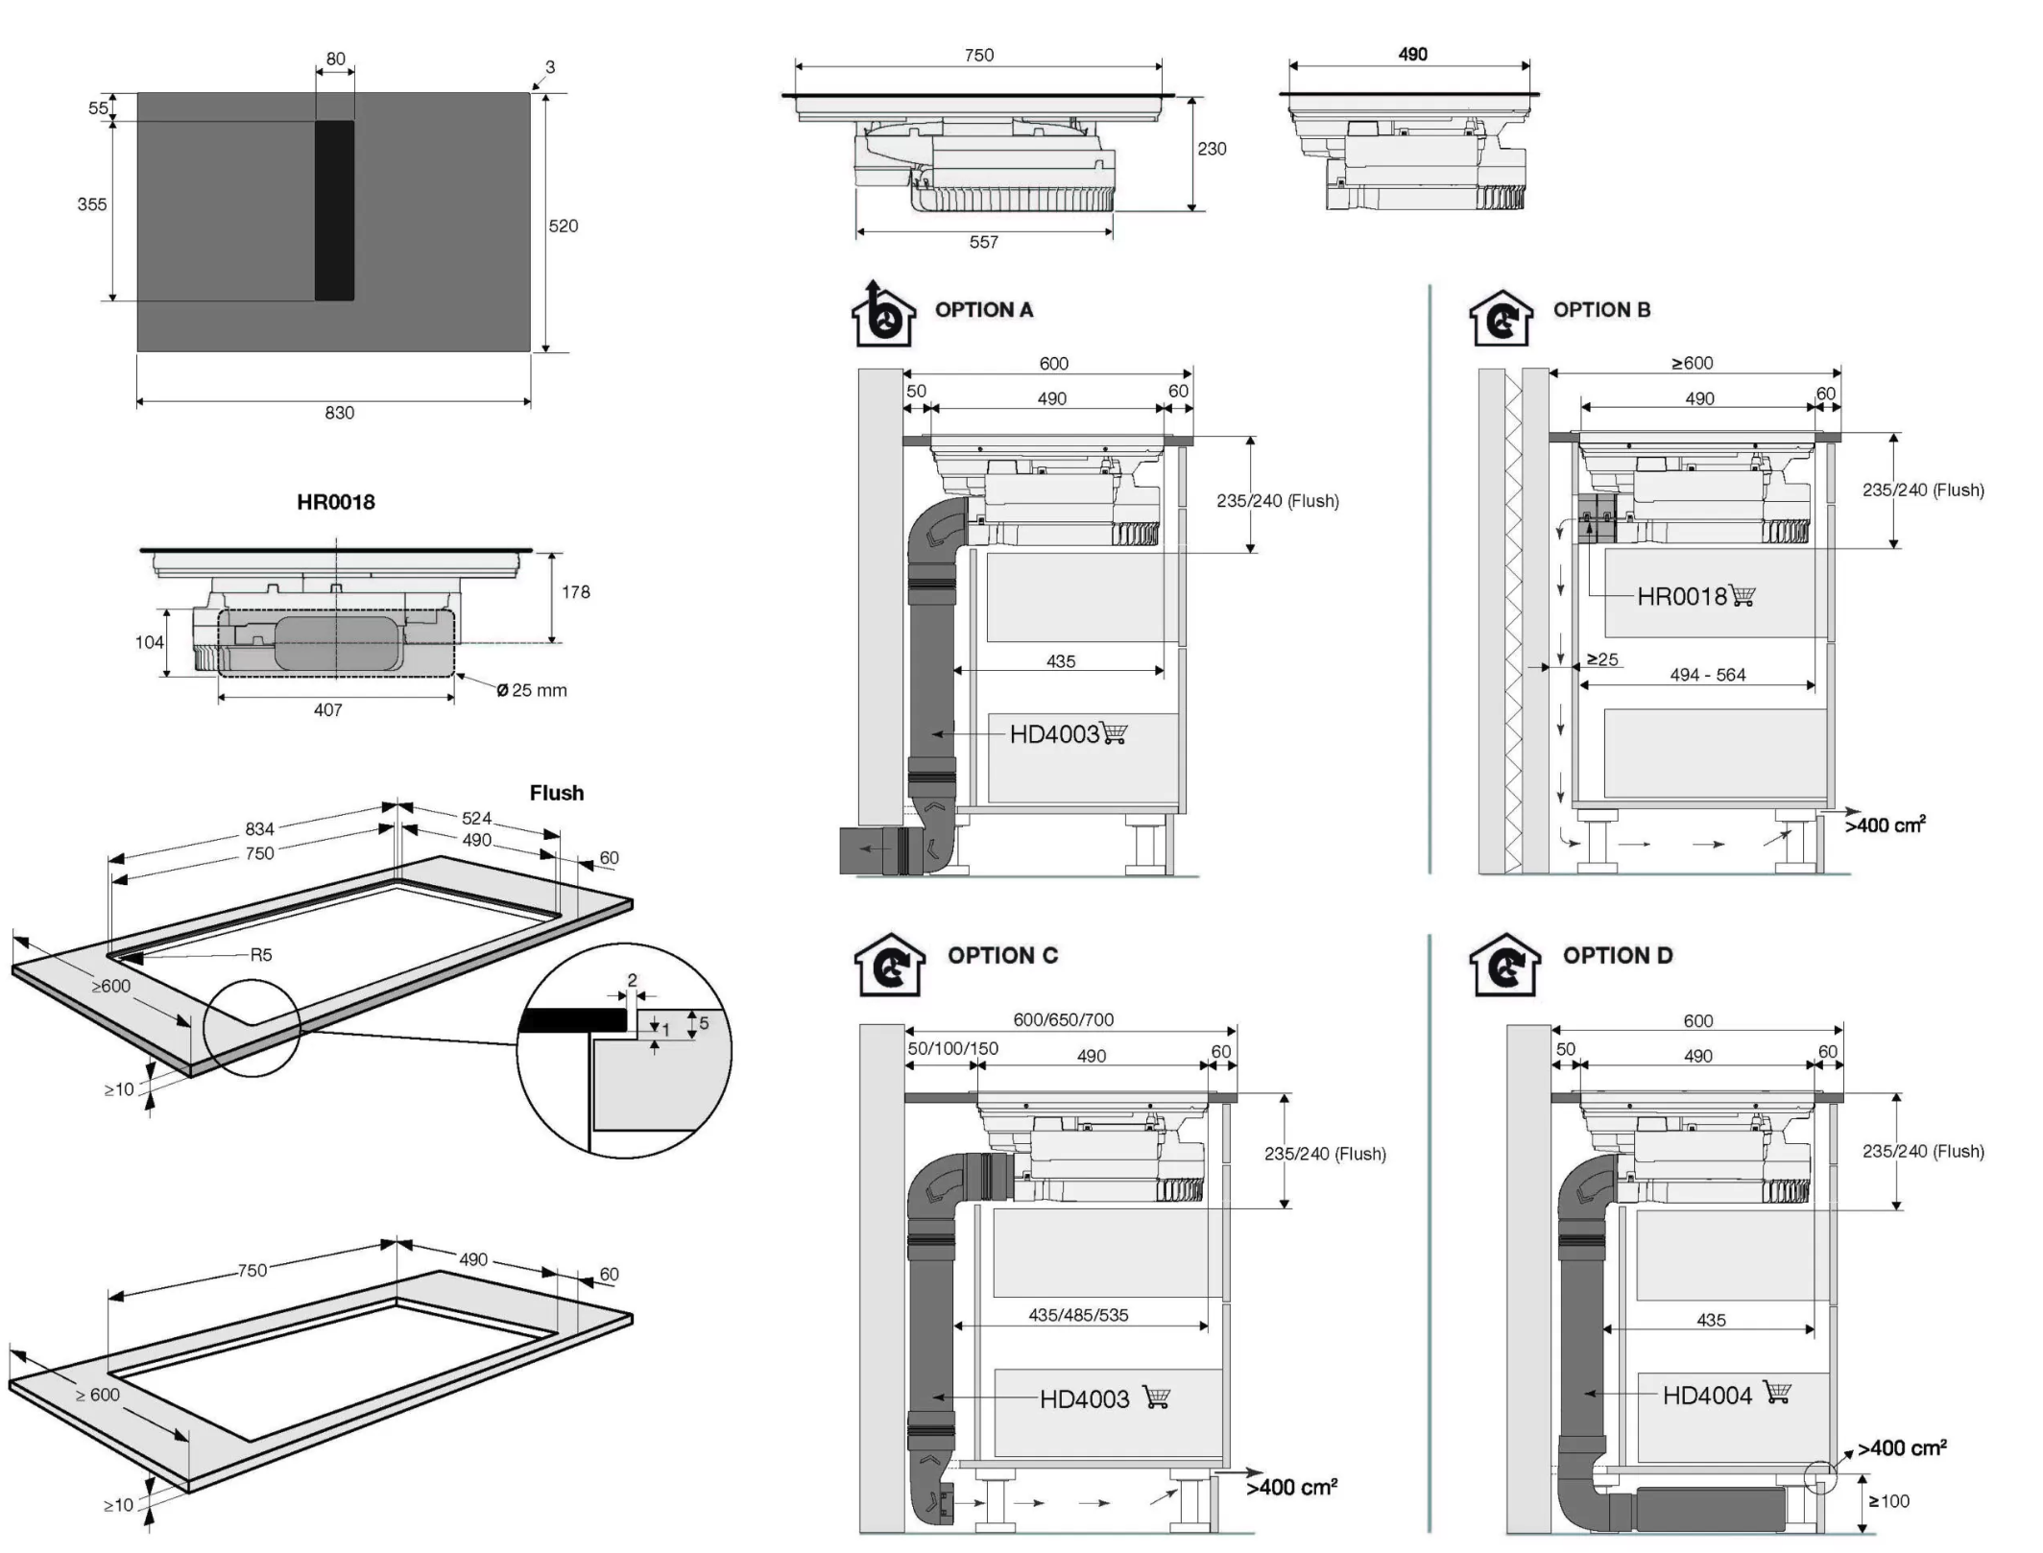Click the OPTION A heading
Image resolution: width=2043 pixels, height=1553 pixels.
tap(983, 310)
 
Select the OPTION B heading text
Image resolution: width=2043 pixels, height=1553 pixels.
tap(1601, 310)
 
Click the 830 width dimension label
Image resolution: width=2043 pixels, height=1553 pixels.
tap(339, 413)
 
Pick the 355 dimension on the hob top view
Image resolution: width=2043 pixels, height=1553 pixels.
tap(92, 204)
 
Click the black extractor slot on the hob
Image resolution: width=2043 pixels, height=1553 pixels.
tap(334, 210)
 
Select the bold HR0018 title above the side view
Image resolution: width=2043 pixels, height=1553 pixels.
tap(335, 502)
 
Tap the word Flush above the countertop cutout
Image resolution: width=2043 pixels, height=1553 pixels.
tap(557, 793)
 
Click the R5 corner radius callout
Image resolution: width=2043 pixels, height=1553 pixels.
tap(261, 955)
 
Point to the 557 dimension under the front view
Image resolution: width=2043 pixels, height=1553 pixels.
tap(983, 243)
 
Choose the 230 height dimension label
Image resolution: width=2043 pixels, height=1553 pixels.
tap(1212, 149)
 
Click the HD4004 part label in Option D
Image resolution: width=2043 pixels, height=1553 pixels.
tap(1707, 1396)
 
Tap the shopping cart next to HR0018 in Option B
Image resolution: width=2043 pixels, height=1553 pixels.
tap(1742, 596)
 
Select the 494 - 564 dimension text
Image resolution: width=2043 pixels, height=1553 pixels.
tap(1707, 675)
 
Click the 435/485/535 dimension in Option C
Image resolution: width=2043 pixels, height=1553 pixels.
tap(1078, 1315)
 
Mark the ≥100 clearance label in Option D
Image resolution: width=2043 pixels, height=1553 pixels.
tap(1888, 1501)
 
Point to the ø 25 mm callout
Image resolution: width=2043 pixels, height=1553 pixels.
tap(532, 690)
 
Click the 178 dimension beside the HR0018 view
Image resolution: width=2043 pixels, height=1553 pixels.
tap(576, 592)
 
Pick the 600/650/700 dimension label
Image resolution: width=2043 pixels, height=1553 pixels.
tap(1063, 1019)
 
